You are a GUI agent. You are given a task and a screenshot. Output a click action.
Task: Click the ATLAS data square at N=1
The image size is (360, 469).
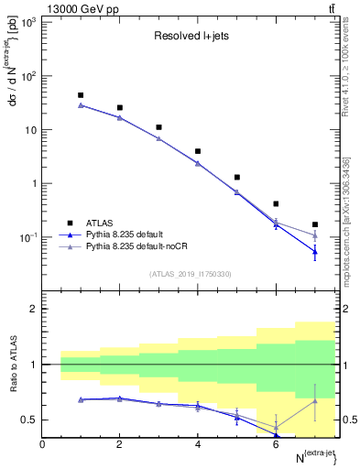pos(81,95)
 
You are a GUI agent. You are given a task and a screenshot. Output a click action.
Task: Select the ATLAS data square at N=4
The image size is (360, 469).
pos(198,151)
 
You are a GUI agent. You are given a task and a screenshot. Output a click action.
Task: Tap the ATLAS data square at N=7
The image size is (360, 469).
pos(315,224)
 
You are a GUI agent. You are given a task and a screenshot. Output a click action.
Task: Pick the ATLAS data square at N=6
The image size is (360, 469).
pos(276,203)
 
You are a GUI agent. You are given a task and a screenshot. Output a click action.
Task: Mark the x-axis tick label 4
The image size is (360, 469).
pos(198,444)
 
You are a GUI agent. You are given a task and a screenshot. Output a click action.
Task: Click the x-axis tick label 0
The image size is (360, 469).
pos(42,444)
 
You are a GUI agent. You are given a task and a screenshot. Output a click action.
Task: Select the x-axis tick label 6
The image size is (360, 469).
pos(276,444)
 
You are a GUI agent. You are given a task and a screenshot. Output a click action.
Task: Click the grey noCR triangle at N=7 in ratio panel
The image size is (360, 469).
pos(315,400)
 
